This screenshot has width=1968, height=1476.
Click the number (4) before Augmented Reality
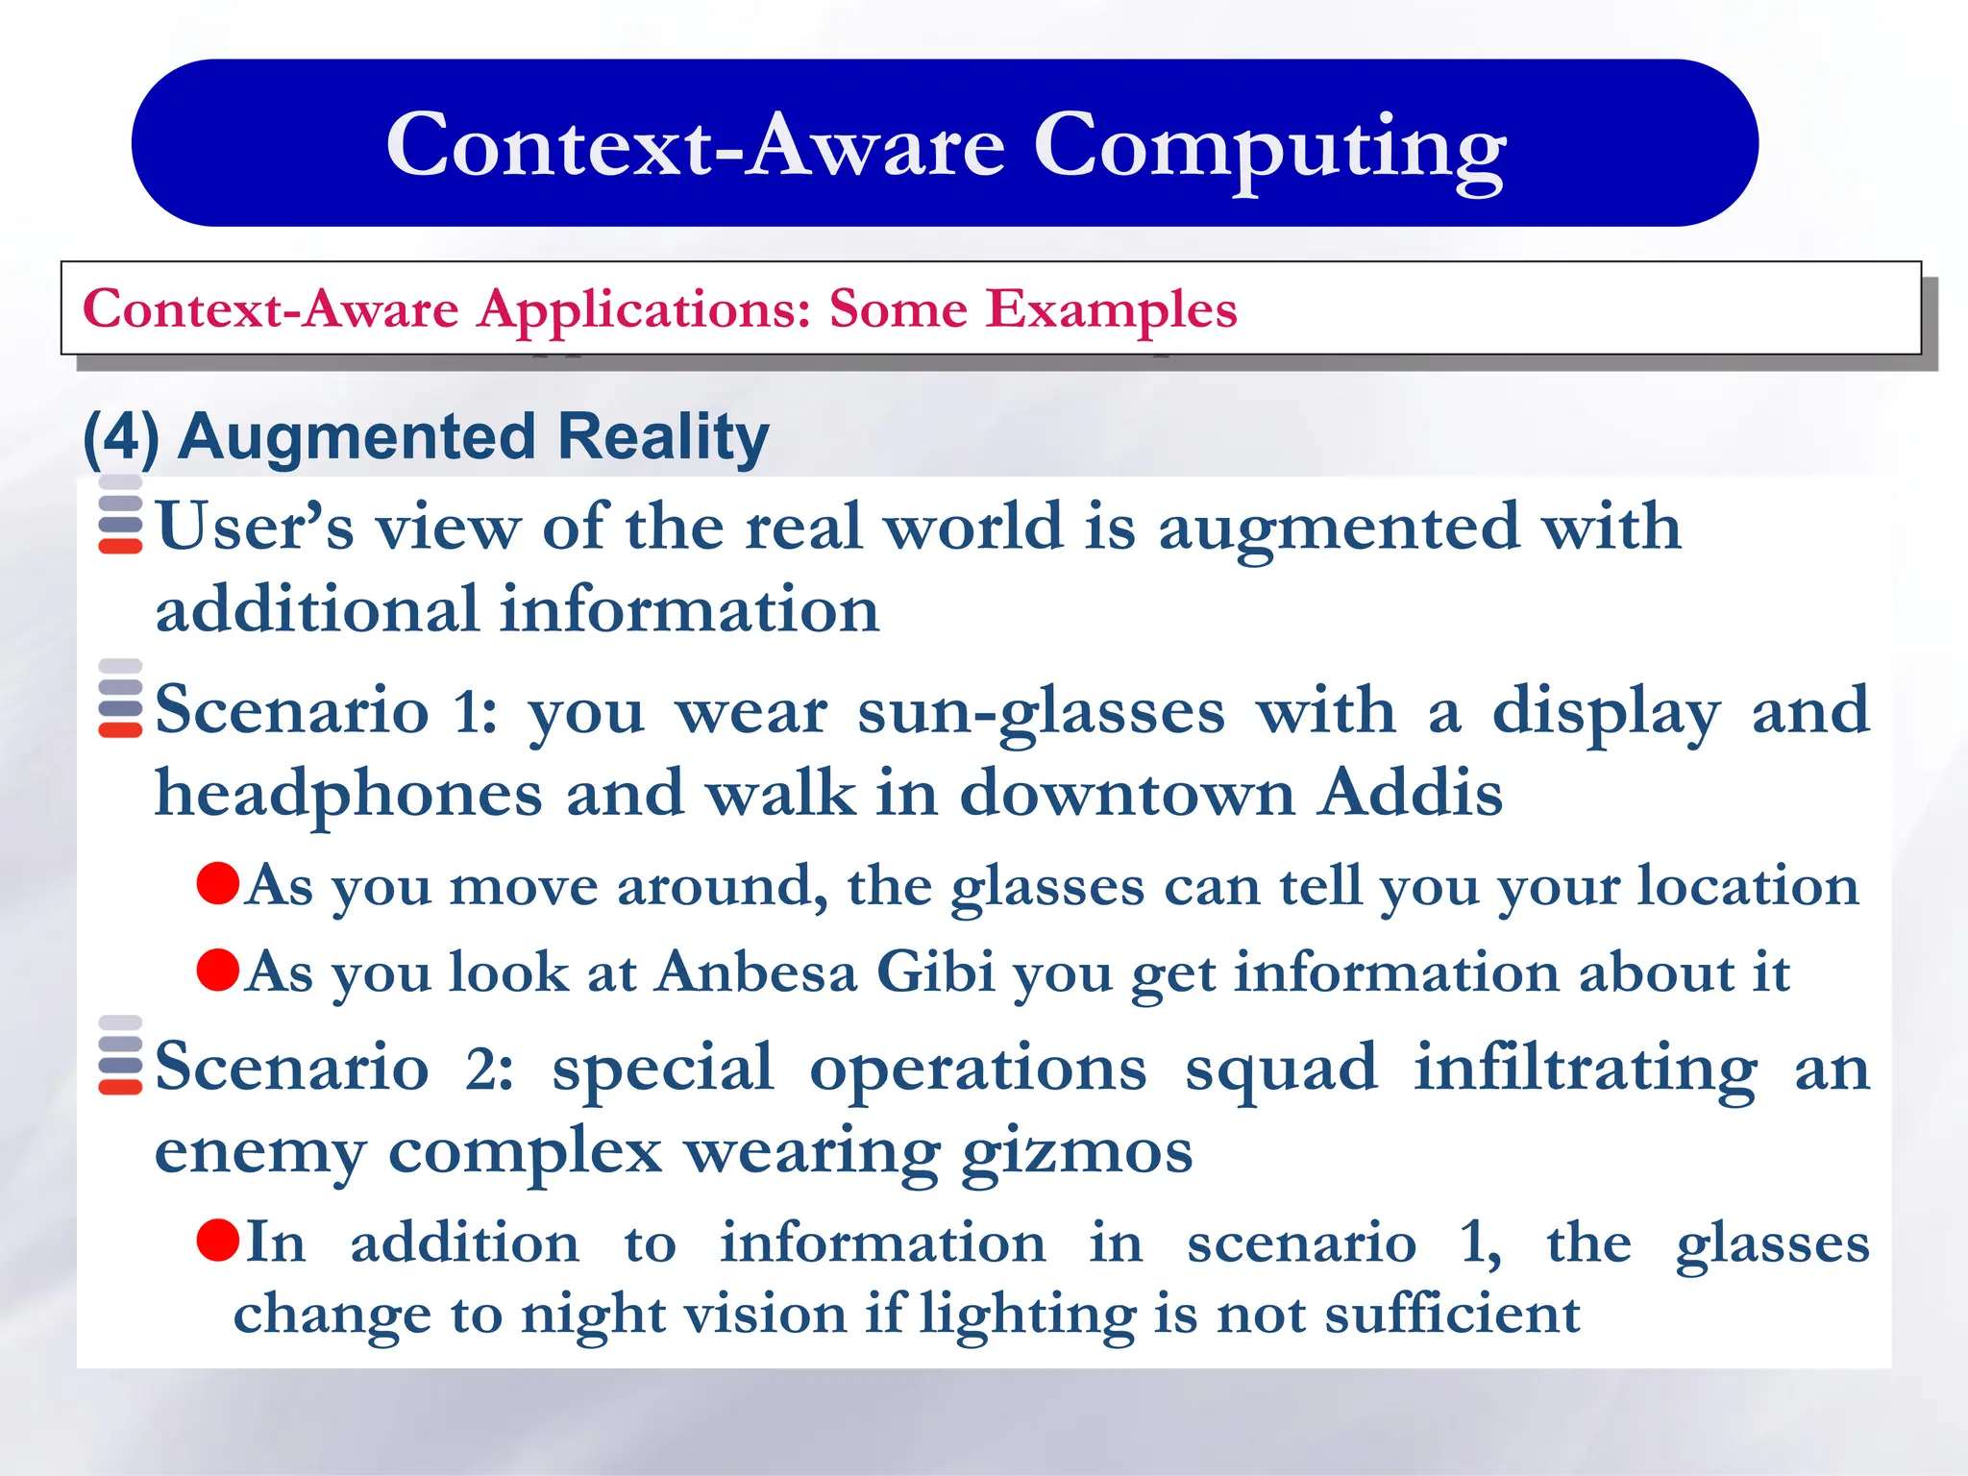click(x=121, y=437)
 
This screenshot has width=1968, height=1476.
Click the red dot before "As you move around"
click(x=217, y=883)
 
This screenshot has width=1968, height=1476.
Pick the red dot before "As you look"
click(x=217, y=970)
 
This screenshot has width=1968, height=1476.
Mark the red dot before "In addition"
click(x=217, y=1240)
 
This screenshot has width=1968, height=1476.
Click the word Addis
click(x=1410, y=795)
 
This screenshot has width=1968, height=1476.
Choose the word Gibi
click(x=935, y=972)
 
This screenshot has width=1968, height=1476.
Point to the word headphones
click(x=349, y=795)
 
